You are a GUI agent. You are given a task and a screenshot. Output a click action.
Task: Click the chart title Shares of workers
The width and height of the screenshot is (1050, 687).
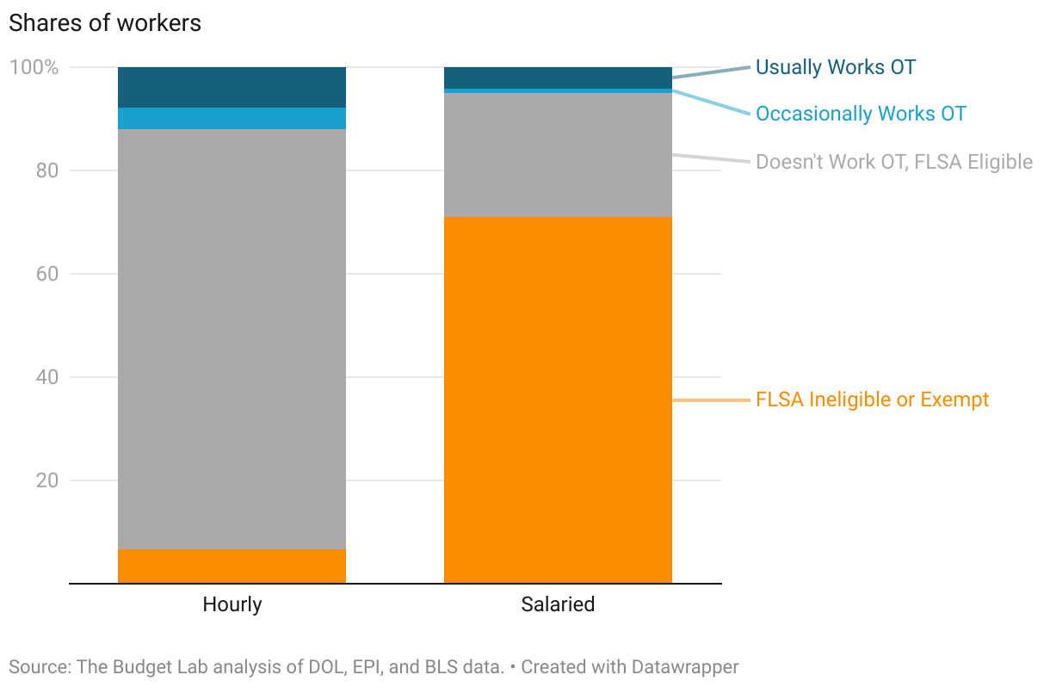[x=105, y=23]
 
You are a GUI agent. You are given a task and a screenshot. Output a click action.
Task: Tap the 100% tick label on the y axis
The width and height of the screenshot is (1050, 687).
[x=34, y=67]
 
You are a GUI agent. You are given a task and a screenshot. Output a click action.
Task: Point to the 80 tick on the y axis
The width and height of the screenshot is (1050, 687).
[x=47, y=170]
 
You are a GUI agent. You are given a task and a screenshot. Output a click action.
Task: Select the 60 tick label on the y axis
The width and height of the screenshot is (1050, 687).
[x=47, y=274]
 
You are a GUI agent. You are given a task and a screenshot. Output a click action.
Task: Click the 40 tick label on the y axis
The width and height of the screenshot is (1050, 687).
[x=47, y=377]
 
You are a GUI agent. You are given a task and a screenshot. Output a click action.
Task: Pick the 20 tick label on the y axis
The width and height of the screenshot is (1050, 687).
[x=47, y=480]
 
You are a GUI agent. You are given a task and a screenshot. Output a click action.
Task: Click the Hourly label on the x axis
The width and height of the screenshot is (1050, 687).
[x=232, y=604]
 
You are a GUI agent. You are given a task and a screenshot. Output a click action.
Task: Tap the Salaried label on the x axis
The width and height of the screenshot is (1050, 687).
[x=558, y=604]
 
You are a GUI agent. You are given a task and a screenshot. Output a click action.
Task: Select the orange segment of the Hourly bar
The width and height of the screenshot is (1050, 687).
[x=232, y=566]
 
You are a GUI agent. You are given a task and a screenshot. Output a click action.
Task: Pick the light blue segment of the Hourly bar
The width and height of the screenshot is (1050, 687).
[x=232, y=118]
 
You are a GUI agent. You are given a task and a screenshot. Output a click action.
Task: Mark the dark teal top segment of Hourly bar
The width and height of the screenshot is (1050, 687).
[x=232, y=87]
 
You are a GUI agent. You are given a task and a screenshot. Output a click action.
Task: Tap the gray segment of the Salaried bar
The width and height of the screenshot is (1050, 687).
[x=558, y=154]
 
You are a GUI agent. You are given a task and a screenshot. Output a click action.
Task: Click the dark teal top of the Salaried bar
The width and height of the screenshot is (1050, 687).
[x=558, y=77]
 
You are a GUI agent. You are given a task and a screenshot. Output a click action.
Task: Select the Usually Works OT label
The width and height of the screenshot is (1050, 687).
[x=835, y=67]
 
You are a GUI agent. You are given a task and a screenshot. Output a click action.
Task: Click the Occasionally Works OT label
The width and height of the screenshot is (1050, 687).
[x=861, y=114]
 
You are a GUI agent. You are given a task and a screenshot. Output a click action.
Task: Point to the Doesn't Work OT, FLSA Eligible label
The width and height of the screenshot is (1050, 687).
[x=893, y=162]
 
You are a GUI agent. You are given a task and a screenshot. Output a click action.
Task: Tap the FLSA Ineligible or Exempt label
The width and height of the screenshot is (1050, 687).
[x=872, y=399]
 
